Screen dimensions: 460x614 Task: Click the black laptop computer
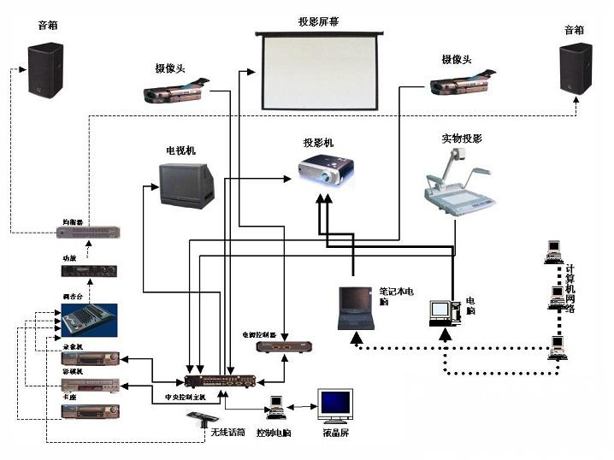(x=357, y=309)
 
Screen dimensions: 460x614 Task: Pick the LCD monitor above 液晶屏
(x=334, y=405)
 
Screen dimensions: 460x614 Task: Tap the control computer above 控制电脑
(x=276, y=408)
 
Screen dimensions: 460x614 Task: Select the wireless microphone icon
(x=203, y=420)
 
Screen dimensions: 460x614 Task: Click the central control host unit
(x=219, y=380)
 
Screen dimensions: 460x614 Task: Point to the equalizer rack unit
(x=88, y=232)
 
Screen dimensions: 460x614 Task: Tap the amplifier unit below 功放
(x=88, y=271)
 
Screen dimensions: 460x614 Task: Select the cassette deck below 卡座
(x=88, y=412)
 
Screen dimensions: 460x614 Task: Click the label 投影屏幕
(x=318, y=21)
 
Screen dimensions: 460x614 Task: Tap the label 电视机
(x=180, y=150)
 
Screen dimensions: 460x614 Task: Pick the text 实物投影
(x=462, y=138)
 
